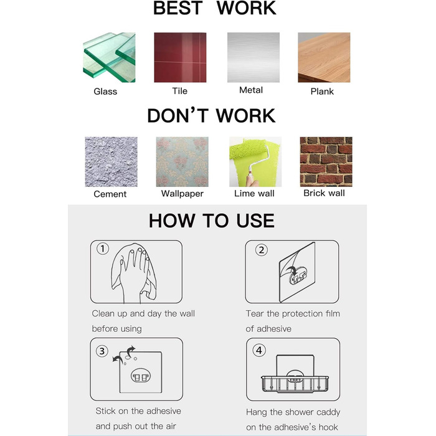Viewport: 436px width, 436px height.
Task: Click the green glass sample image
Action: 109,57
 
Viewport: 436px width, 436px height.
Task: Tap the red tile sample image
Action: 180,57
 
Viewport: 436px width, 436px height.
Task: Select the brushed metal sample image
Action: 254,57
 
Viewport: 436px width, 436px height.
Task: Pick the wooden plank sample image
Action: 324,57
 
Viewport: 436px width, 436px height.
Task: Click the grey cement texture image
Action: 111,161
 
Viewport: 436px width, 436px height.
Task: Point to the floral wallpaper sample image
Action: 182,161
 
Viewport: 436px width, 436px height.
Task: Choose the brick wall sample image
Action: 326,161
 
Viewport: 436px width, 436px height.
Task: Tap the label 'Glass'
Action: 105,92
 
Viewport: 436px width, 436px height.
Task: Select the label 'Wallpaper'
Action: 182,194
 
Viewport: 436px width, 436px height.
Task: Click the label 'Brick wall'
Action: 324,193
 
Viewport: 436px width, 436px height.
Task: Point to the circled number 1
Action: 103,249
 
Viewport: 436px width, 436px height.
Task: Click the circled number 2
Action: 262,250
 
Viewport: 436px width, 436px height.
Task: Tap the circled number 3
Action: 102,351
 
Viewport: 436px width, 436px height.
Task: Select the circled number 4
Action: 259,350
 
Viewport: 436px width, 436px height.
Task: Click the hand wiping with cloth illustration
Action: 134,273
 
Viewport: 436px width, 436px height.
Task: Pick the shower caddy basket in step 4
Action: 295,382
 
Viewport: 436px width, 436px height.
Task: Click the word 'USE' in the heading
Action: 255,220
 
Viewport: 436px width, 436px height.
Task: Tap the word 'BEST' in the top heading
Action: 178,7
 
